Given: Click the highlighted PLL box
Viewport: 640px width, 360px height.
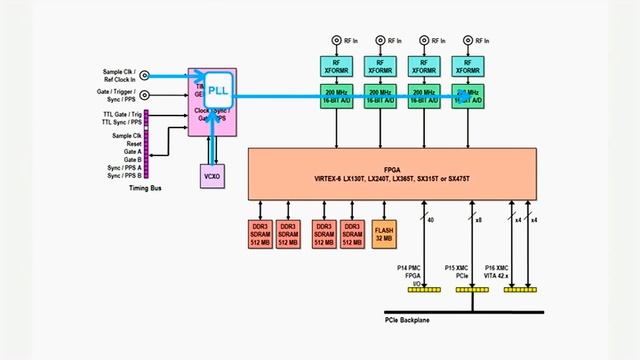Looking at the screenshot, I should pyautogui.click(x=218, y=92).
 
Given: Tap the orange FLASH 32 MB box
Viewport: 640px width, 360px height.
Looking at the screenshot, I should pyautogui.click(x=384, y=233).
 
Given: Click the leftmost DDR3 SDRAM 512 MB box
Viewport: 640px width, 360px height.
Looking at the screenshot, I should pyautogui.click(x=261, y=233).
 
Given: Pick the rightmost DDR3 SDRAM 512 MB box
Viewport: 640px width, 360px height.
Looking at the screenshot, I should pyautogui.click(x=351, y=233).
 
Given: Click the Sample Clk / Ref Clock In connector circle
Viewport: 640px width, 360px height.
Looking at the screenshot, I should pyautogui.click(x=143, y=75).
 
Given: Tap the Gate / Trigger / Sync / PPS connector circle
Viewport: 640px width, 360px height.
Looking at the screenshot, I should pyautogui.click(x=143, y=97).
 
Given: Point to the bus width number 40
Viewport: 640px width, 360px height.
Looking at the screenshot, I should pyautogui.click(x=430, y=220).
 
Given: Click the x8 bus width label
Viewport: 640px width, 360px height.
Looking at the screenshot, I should pyautogui.click(x=480, y=220).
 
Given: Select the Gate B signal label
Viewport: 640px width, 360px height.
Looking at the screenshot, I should pyautogui.click(x=131, y=159).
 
